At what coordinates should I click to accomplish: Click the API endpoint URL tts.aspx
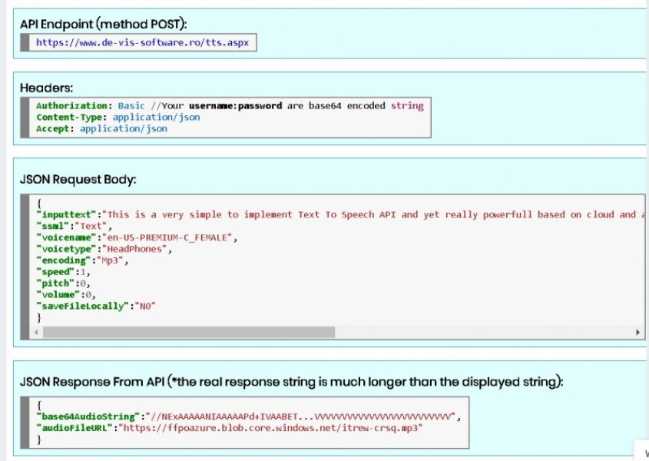(x=142, y=43)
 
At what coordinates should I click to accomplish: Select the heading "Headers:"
(x=46, y=88)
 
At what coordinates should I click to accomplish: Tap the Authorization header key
(x=71, y=106)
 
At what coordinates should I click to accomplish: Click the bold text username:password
(x=236, y=106)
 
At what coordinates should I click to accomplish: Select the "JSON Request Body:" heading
(x=78, y=179)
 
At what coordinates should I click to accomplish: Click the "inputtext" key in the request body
(x=66, y=214)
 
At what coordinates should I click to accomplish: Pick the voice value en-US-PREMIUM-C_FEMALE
(x=167, y=237)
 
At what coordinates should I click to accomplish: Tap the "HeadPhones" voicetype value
(x=134, y=249)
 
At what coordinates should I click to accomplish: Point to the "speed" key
(x=55, y=272)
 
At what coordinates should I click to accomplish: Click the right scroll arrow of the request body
(x=637, y=332)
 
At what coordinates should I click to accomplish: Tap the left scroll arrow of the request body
(x=36, y=332)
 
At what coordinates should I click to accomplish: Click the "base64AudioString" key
(x=88, y=416)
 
